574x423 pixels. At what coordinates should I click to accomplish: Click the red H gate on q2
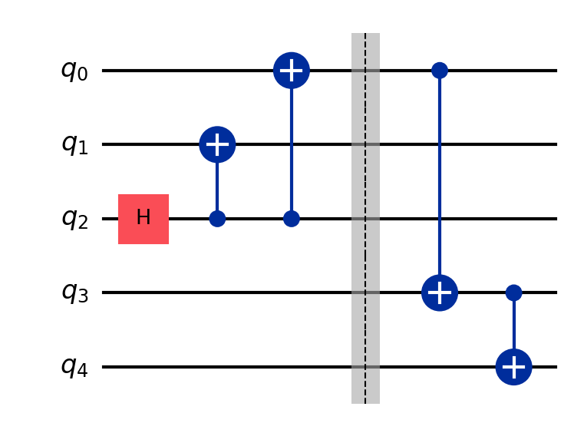pyautogui.click(x=143, y=219)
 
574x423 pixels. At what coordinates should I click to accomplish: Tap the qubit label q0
pyautogui.click(x=74, y=71)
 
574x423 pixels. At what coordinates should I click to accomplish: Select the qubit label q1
pyautogui.click(x=74, y=145)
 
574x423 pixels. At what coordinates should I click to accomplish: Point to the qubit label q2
pyautogui.click(x=74, y=220)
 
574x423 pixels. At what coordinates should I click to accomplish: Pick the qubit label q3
pyautogui.click(x=74, y=293)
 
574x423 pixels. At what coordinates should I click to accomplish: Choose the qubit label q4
pyautogui.click(x=74, y=368)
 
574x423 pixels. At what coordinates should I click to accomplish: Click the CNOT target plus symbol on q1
pyautogui.click(x=217, y=144)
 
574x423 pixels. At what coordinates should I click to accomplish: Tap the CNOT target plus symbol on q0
pyautogui.click(x=291, y=71)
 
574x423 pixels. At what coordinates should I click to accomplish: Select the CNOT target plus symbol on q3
pyautogui.click(x=440, y=292)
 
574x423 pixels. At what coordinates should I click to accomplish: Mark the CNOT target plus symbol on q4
pyautogui.click(x=513, y=367)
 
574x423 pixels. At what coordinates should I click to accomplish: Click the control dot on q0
pyautogui.click(x=440, y=71)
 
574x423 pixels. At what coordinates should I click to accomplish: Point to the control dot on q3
pyautogui.click(x=513, y=292)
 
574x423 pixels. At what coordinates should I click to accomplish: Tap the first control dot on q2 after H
pyautogui.click(x=217, y=219)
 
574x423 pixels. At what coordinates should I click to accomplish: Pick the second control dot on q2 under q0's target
pyautogui.click(x=291, y=219)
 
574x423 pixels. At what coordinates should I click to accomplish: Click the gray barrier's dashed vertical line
pyautogui.click(x=365, y=184)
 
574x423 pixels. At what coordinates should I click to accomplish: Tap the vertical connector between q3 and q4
pyautogui.click(x=513, y=326)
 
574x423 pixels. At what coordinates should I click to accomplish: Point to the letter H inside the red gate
pyautogui.click(x=143, y=219)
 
